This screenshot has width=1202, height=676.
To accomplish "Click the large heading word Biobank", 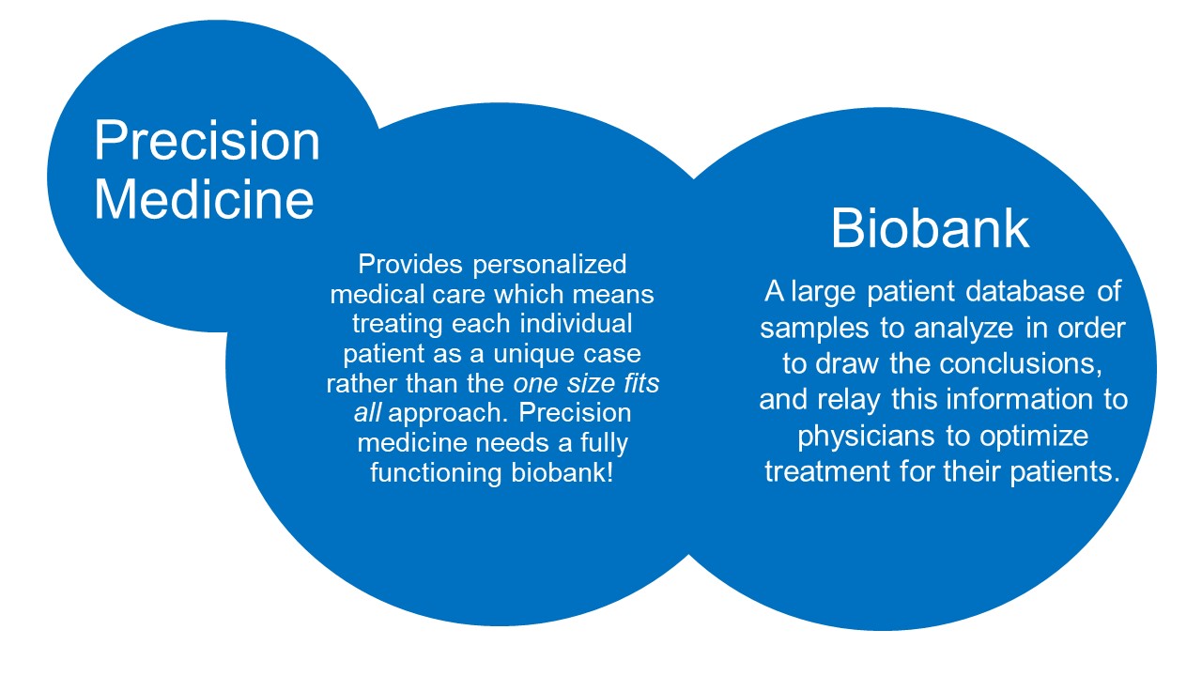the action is pos(930,228).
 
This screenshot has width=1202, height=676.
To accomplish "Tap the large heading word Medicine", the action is pos(204,200).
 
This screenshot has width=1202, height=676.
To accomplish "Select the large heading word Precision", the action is pos(208,141).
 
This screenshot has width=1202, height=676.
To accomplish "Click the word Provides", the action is pos(410,264).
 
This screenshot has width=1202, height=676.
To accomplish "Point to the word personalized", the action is pos(549,266).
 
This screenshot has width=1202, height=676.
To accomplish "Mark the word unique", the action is pos(532,355).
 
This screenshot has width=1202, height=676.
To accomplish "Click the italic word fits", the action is pos(641,383).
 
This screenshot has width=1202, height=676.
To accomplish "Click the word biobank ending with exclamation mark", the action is pos(562,472).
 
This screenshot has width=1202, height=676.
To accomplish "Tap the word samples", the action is pos(814,330).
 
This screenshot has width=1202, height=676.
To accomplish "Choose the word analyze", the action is pos(963,330).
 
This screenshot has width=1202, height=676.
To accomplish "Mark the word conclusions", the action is pos(1021,364).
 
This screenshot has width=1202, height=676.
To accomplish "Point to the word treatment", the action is pos(827,472).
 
